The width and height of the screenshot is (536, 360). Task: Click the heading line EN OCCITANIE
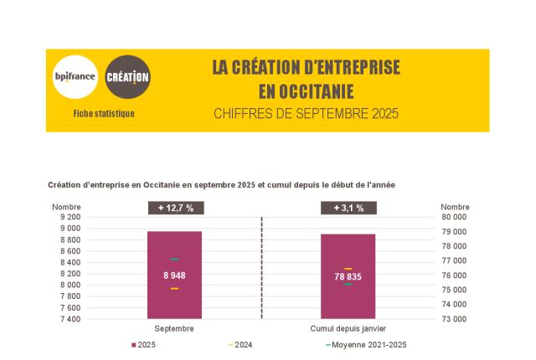(306, 90)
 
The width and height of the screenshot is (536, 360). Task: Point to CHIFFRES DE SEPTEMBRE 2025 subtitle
(306, 113)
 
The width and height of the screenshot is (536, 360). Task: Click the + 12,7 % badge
(175, 208)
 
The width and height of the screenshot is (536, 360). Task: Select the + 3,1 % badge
(348, 208)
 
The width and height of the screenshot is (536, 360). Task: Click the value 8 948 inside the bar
(174, 275)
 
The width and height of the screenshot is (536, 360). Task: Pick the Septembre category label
(174, 329)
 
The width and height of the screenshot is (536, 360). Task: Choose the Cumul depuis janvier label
(348, 329)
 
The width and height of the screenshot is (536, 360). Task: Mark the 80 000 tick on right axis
(455, 217)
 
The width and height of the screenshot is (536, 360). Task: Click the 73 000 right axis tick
(455, 319)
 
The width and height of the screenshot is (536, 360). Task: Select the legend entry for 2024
(240, 345)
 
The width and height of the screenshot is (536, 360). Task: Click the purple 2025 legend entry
(143, 345)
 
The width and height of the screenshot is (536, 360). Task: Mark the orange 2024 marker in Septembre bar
(174, 289)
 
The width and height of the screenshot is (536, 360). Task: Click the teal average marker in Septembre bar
(174, 260)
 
